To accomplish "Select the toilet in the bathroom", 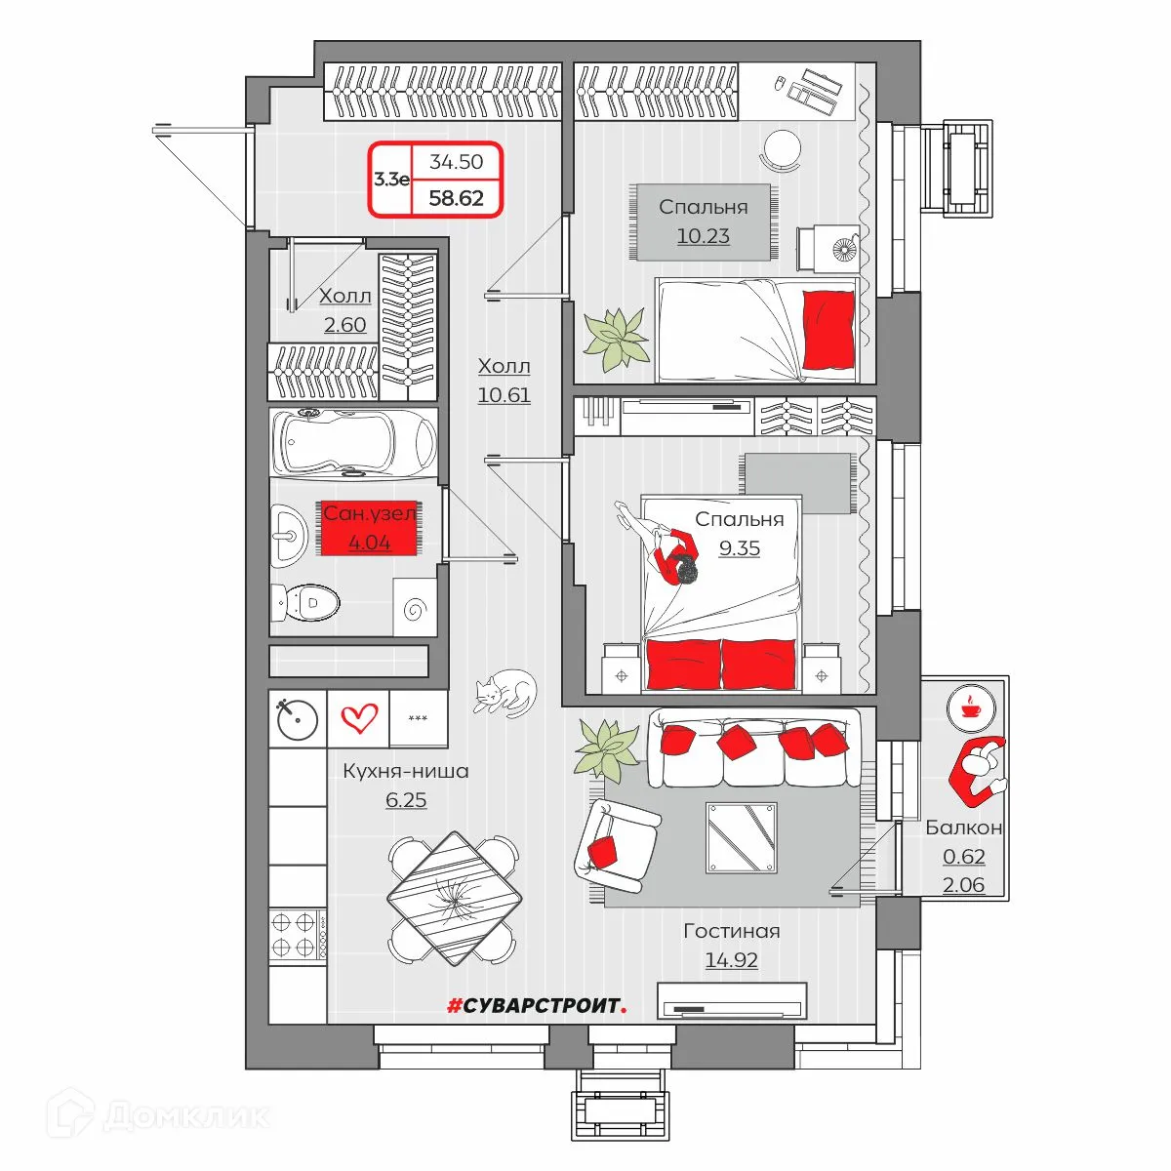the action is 304,602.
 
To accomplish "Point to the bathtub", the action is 353,442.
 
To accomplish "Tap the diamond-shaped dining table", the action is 455,899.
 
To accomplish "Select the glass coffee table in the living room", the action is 742,838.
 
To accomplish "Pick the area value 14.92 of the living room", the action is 731,959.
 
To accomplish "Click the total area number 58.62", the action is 457,198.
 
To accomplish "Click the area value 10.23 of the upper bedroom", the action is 703,236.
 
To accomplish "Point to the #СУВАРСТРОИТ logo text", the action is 537,1006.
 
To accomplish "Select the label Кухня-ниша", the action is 406,771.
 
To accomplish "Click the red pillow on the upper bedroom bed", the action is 828,330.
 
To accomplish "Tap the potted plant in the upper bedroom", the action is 616,339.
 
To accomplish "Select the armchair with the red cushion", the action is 615,845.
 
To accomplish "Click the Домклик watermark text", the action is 185,1116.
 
